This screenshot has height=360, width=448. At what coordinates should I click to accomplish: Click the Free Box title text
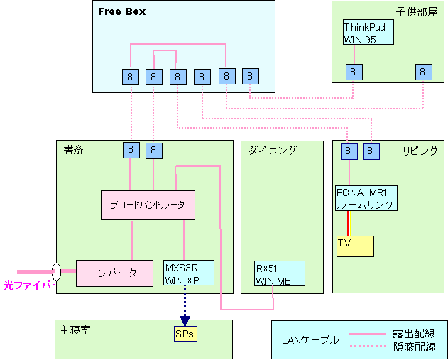[x=121, y=11]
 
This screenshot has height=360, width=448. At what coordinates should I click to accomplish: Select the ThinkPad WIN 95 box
[x=368, y=32]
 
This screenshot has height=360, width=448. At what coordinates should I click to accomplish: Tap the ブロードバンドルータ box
[x=148, y=204]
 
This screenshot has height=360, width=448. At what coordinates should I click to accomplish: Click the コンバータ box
[x=114, y=273]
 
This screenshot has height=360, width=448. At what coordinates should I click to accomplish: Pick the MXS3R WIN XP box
[x=184, y=273]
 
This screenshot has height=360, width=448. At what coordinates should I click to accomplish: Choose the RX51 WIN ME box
[x=279, y=273]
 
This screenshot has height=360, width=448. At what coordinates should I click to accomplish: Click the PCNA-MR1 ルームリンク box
[x=365, y=198]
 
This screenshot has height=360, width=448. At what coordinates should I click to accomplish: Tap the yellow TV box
[x=355, y=246]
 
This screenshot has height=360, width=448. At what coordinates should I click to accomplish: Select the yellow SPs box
[x=185, y=333]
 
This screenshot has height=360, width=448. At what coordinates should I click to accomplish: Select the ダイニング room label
[x=272, y=150]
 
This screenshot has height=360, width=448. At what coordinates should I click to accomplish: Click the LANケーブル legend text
[x=311, y=339]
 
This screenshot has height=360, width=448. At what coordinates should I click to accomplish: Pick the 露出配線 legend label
[x=414, y=334]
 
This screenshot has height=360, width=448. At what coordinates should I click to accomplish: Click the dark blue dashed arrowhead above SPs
[x=185, y=320]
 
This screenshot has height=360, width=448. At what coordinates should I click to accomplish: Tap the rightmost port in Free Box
[x=251, y=75]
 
